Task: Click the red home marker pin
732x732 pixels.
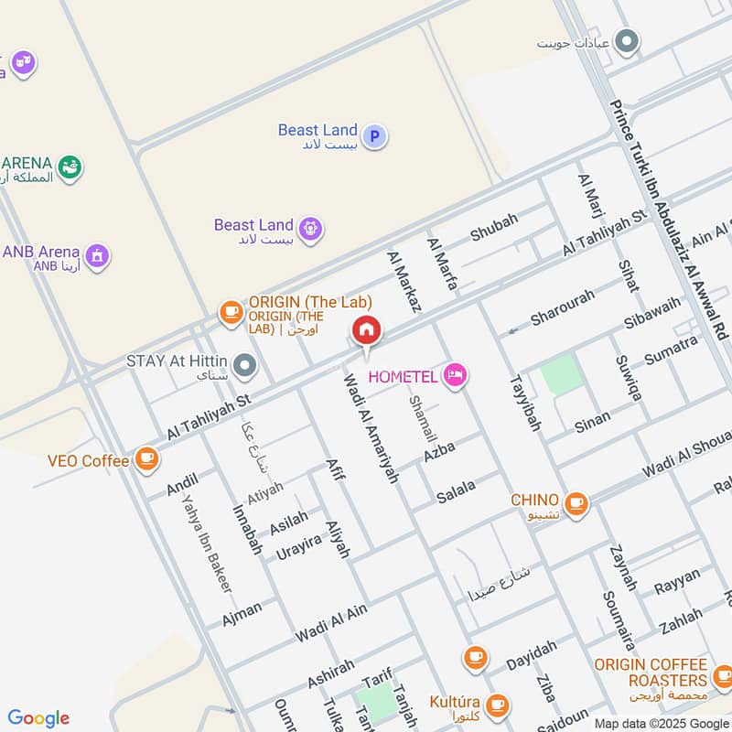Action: pyautogui.click(x=366, y=330)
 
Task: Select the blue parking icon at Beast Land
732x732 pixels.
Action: pyautogui.click(x=373, y=137)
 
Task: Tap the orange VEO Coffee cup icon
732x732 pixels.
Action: pyautogui.click(x=146, y=459)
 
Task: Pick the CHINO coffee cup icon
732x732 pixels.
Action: pyautogui.click(x=576, y=502)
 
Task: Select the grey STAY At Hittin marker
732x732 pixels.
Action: pyautogui.click(x=244, y=367)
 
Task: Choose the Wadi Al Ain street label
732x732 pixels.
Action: pyautogui.click(x=331, y=623)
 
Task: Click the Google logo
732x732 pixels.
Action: pyautogui.click(x=38, y=718)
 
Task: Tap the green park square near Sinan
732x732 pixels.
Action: pyautogui.click(x=561, y=375)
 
